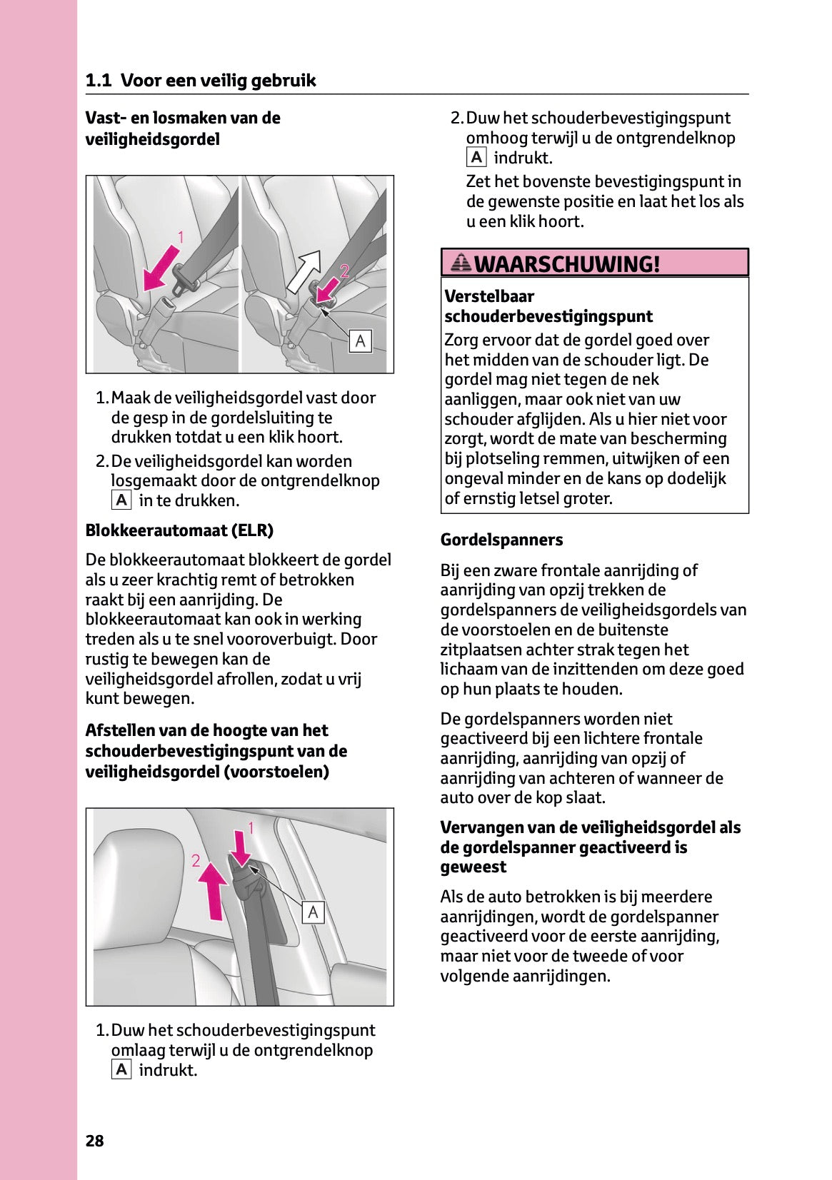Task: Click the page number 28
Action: pos(94,1141)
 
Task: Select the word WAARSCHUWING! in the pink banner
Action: pos(567,264)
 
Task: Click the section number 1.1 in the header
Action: pos(98,81)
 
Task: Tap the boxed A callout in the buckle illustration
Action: pos(360,341)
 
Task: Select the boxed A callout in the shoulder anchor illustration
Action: pos(313,912)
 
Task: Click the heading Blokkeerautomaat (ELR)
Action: pos(179,530)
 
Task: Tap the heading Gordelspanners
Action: pos(501,540)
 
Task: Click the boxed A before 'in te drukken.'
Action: pos(121,500)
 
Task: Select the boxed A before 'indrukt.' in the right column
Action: pos(476,158)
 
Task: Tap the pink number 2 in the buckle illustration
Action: pos(344,271)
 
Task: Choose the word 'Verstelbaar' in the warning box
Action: pos(489,296)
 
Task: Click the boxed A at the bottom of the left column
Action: pos(121,1069)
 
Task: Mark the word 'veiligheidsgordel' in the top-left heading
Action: pos(152,139)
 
